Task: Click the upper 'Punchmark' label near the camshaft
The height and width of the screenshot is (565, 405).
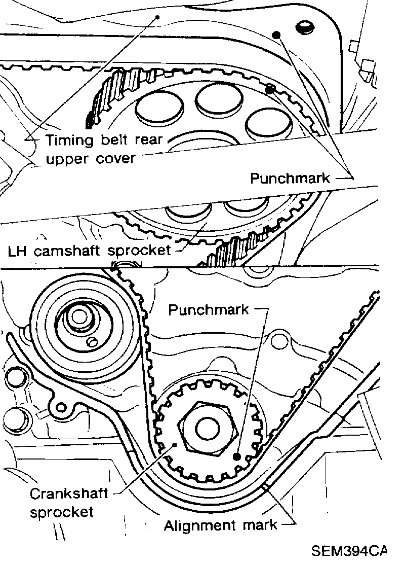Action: (x=290, y=178)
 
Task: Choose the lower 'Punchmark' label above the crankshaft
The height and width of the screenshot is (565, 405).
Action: (x=209, y=309)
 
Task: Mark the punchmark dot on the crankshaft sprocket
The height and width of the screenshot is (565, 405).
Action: (x=236, y=456)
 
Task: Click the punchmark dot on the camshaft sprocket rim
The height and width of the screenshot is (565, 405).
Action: (x=270, y=90)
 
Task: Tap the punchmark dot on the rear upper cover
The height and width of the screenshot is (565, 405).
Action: (x=276, y=34)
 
